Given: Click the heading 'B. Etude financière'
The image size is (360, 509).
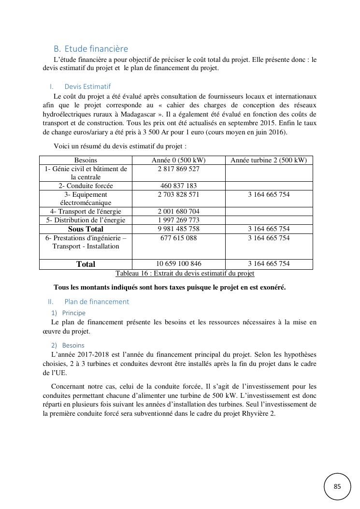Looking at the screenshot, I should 91,49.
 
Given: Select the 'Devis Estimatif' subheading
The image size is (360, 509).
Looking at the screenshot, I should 87,87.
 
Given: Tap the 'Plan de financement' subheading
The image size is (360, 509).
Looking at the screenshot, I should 97,302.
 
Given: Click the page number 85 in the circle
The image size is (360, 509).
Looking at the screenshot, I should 337,486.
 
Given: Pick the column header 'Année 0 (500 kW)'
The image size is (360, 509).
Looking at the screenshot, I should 178,160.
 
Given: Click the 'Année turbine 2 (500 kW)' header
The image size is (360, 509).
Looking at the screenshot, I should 269,160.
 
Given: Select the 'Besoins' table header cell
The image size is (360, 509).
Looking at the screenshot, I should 86,160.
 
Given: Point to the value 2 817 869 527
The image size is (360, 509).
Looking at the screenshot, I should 178,169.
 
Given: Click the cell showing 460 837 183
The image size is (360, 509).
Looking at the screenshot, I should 178,186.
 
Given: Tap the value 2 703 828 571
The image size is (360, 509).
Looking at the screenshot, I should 178,194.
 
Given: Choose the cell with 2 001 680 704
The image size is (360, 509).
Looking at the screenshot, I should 178,211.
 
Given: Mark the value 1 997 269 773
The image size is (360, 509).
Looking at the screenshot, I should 178,220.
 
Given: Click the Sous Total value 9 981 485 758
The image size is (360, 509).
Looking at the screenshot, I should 178,229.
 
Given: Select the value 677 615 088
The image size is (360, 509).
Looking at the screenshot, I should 178,238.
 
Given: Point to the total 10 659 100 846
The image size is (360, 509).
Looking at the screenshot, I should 178,263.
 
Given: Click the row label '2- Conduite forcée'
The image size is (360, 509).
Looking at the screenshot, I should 86,186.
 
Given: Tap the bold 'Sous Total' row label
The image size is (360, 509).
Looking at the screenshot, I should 86,229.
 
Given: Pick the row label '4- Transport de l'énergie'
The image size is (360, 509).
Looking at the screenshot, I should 86,211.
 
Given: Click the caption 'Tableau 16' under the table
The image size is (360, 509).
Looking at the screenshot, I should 185,273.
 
